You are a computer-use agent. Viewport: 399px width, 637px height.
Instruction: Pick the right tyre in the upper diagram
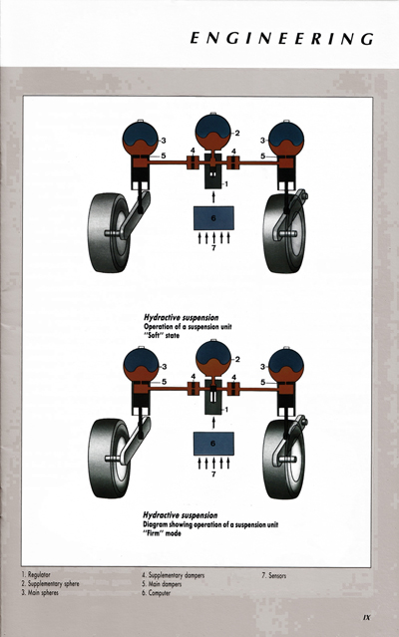tap(285, 231)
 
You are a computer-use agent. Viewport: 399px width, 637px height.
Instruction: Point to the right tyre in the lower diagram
tap(285, 458)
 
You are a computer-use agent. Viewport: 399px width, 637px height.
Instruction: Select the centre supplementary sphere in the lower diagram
tap(211, 357)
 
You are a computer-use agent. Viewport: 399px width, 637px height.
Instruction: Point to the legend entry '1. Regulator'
tap(41, 576)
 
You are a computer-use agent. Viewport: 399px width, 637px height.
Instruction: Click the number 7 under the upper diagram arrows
tap(211, 249)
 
